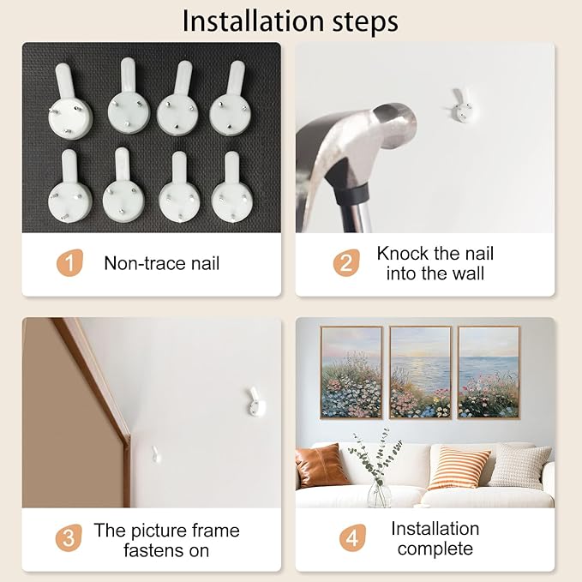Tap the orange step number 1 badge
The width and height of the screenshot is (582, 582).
point(69,263)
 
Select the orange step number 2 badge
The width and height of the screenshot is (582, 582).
point(346,263)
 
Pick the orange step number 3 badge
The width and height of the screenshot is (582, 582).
point(69,537)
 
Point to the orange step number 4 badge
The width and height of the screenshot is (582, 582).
point(352,537)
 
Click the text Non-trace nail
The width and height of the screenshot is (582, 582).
point(161,263)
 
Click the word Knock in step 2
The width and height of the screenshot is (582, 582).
point(403,254)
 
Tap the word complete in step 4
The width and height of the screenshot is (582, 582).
point(435,549)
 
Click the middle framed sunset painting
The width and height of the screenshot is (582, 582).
point(421,373)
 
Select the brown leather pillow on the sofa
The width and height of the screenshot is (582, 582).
point(321,465)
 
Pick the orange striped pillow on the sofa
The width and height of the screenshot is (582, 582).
point(459,468)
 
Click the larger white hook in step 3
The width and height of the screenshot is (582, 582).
point(255,401)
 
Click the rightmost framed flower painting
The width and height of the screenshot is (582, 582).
point(489,373)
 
